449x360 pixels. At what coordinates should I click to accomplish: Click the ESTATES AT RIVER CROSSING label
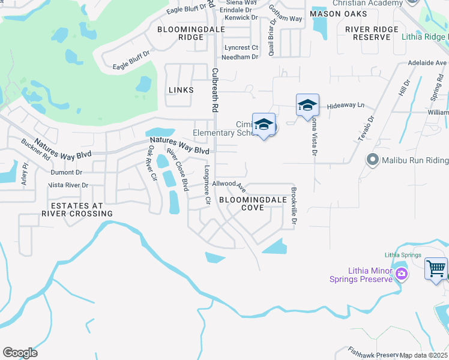tap(77, 209)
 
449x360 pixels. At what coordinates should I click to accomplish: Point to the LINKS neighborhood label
tap(181, 90)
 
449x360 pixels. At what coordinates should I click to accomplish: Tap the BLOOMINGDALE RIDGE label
tap(182, 33)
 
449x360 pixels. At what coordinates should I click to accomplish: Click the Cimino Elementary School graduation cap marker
tap(264, 124)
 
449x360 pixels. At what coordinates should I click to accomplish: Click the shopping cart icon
tap(436, 268)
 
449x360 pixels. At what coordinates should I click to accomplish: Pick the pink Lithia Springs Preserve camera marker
tap(402, 275)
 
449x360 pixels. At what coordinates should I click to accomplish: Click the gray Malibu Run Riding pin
tap(373, 160)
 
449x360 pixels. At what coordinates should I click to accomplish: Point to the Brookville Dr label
tap(294, 207)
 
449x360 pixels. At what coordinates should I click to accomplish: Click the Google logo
tap(20, 353)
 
